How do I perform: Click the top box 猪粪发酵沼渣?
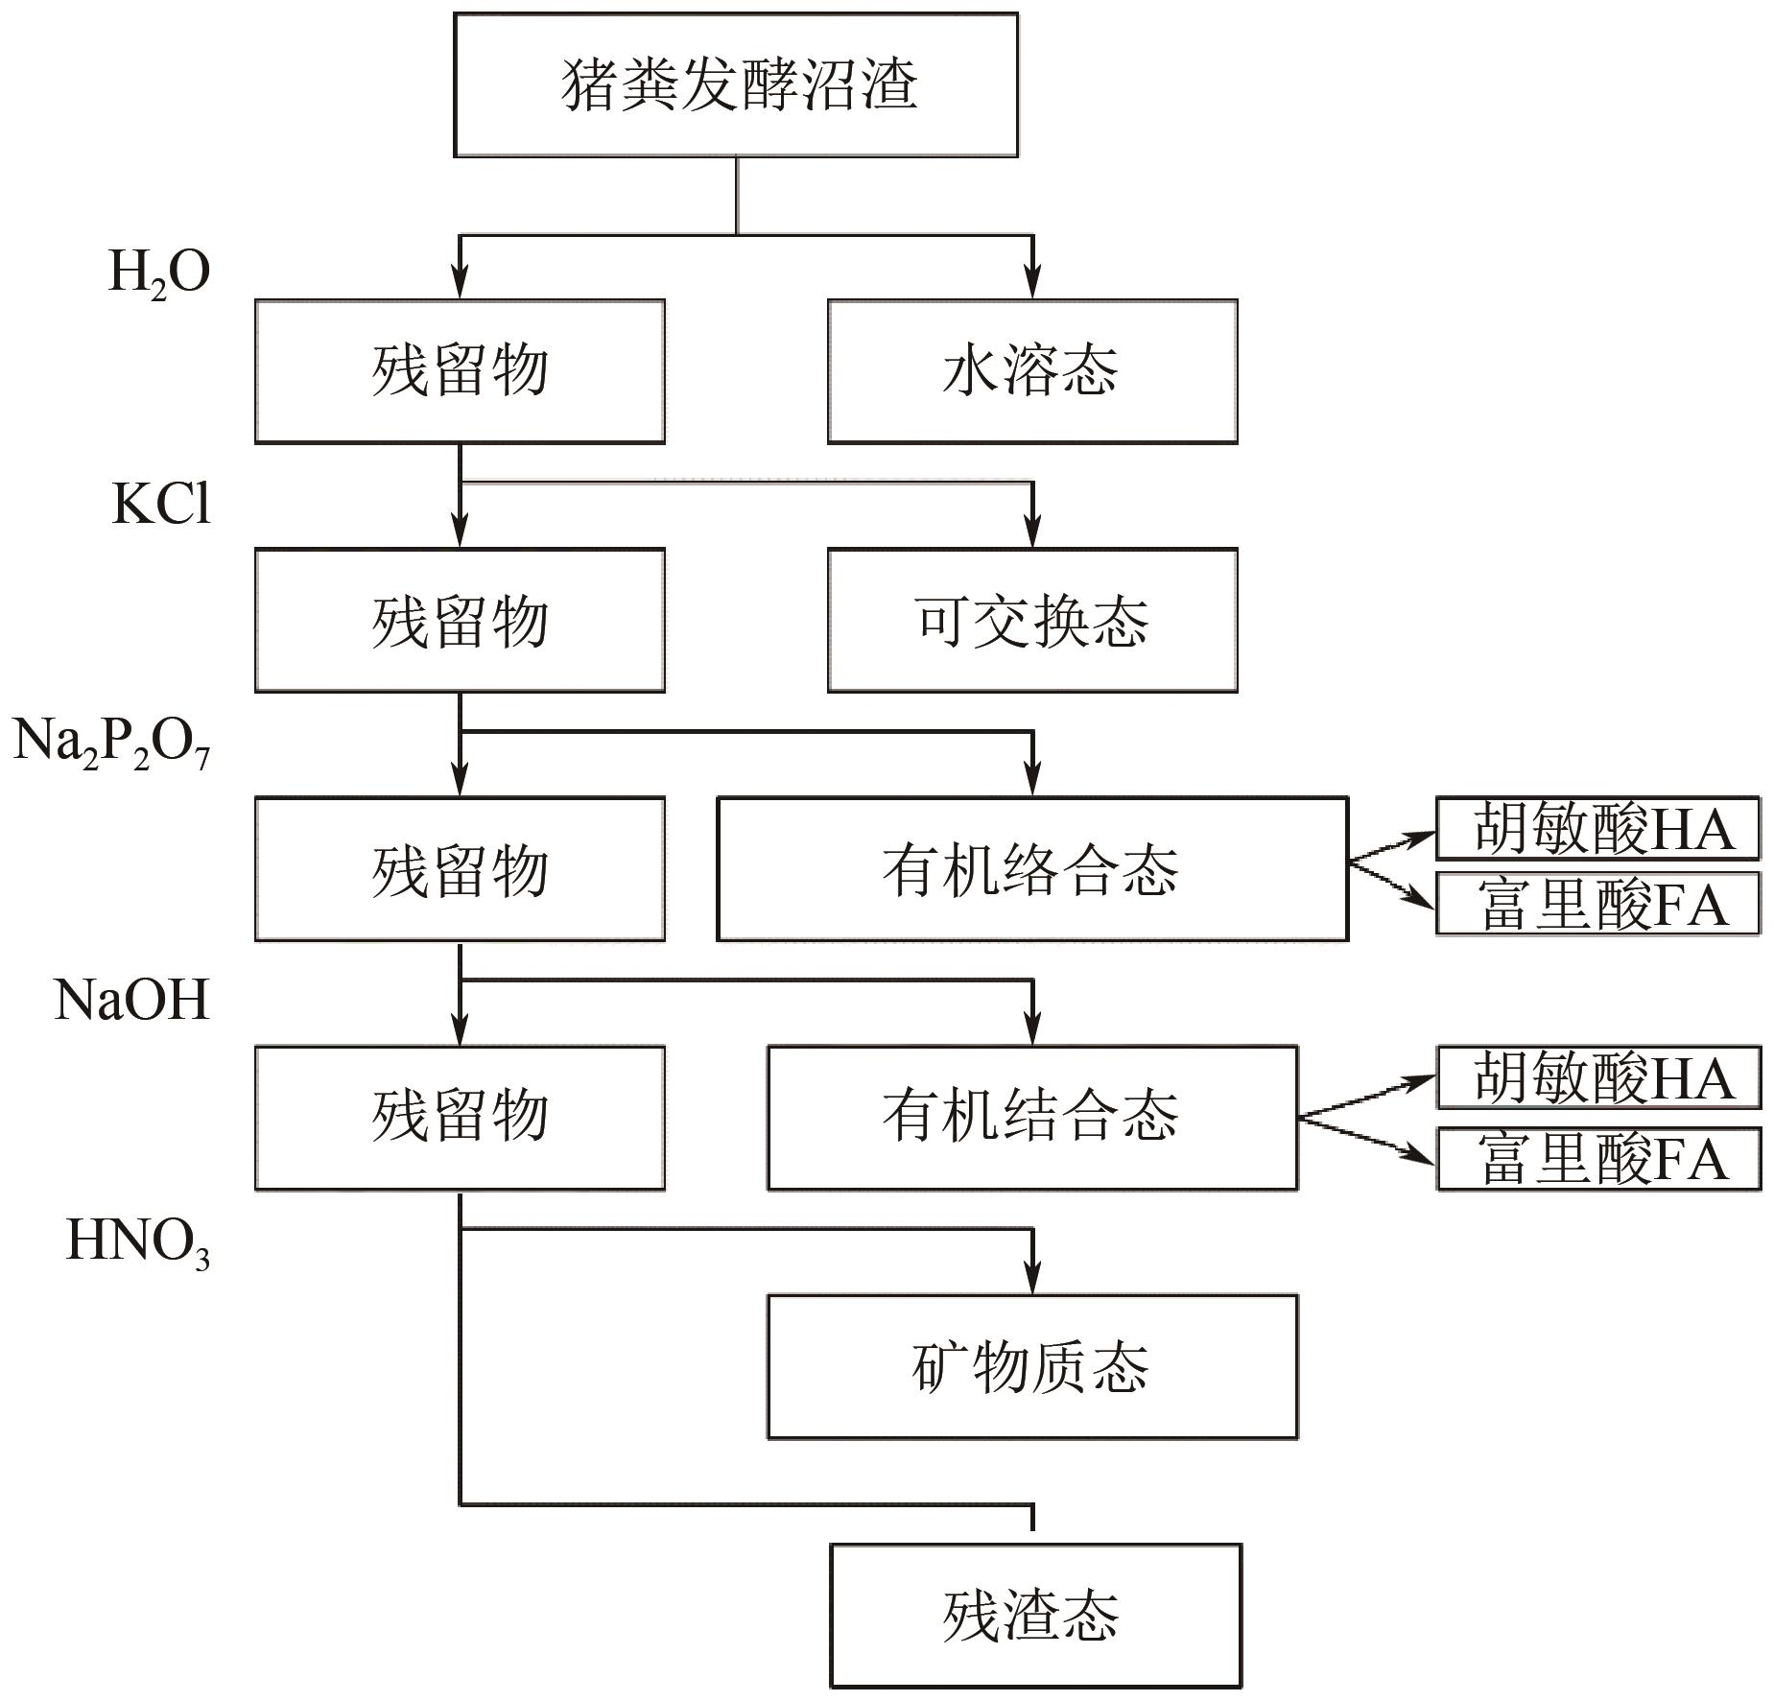(735, 84)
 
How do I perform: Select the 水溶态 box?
(1031, 371)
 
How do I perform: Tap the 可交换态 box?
(1031, 620)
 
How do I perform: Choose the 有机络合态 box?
(1031, 869)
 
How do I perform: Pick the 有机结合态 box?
(1031, 1118)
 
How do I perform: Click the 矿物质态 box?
(1031, 1366)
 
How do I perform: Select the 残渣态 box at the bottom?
(1034, 1615)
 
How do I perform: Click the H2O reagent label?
(158, 272)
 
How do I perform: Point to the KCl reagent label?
(161, 504)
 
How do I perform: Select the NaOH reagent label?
(131, 1001)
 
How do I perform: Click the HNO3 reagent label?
(137, 1242)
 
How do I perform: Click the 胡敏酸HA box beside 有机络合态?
(1597, 828)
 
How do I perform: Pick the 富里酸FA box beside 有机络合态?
(1597, 904)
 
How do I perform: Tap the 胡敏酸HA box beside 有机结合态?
(1597, 1077)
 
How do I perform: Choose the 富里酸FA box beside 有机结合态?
(1597, 1159)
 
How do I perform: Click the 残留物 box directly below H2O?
(460, 371)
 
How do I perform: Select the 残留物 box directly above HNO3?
(460, 1118)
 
